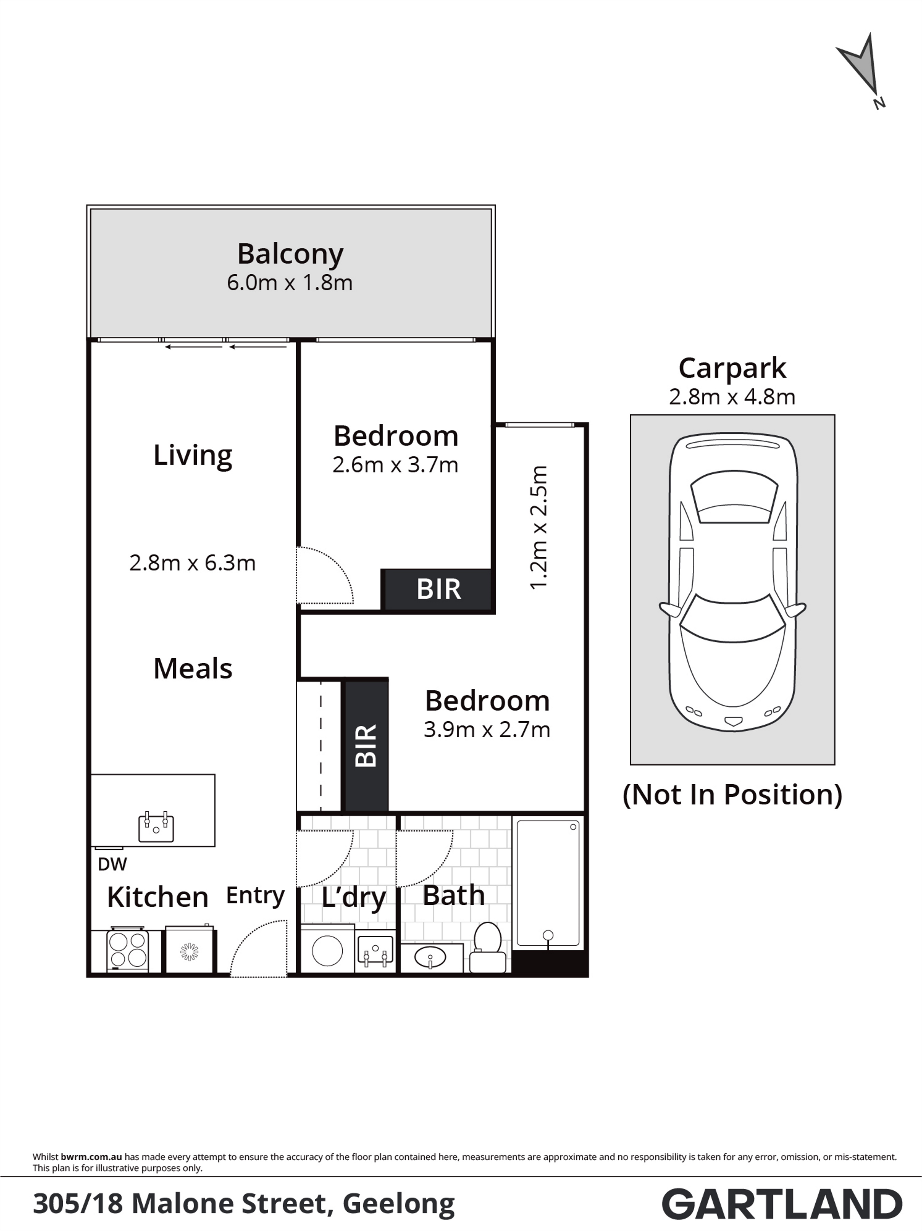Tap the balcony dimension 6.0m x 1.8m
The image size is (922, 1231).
[x=290, y=283]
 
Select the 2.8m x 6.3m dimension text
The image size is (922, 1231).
[x=193, y=563]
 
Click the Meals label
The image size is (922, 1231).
[x=193, y=668]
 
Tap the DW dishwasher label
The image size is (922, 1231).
[x=112, y=864]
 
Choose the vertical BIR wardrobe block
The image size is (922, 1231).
[x=366, y=745]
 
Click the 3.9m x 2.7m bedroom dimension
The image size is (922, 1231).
[x=487, y=730]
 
